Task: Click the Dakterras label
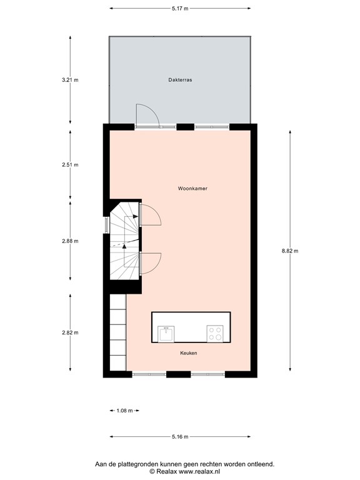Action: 179,80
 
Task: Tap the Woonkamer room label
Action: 192,188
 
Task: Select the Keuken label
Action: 188,353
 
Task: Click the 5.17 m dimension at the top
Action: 180,8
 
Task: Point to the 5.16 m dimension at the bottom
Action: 180,437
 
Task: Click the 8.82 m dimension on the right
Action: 290,251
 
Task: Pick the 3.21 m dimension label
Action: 70,80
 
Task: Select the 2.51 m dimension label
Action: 70,165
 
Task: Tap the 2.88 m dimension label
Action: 70,241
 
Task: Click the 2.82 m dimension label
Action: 70,332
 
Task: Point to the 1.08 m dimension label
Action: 124,411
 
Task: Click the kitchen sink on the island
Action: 166,334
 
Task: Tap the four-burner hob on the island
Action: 215,334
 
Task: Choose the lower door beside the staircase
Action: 151,262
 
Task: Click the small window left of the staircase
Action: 106,224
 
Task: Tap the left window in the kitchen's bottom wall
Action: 149,374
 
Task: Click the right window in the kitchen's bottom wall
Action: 207,374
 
